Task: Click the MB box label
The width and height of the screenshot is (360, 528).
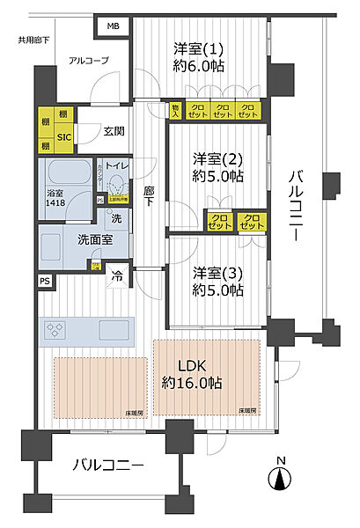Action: click(112, 27)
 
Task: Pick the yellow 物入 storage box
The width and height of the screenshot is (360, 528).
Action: click(175, 111)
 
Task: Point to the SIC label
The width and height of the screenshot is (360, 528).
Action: click(65, 136)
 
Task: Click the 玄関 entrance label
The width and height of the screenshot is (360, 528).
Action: click(113, 132)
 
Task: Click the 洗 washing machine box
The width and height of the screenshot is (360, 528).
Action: click(115, 217)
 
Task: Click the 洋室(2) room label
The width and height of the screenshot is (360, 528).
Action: click(217, 166)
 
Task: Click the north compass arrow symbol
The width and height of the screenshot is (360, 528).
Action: click(279, 480)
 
